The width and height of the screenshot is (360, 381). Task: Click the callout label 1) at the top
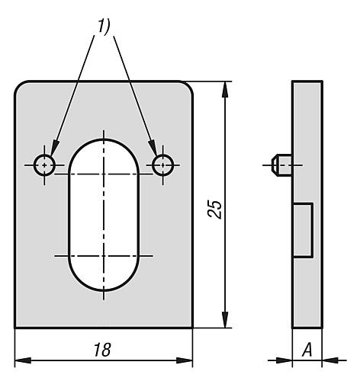click(104, 26)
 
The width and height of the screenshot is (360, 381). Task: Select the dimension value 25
click(215, 209)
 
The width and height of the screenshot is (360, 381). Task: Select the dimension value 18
click(102, 350)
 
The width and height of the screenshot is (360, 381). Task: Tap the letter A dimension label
click(307, 350)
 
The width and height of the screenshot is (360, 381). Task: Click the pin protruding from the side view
click(282, 165)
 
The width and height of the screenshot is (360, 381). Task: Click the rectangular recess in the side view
click(303, 230)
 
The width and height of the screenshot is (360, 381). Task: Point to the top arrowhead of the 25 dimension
click(225, 89)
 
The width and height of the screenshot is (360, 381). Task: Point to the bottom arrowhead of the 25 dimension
click(225, 320)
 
